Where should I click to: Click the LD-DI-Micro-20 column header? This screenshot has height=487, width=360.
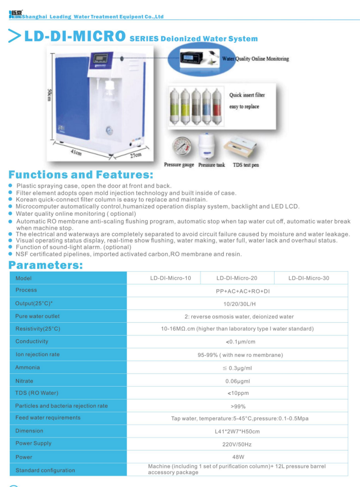click(x=237, y=278)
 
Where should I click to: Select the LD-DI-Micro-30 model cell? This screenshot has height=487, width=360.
click(x=309, y=278)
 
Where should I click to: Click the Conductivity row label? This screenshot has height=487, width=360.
click(x=32, y=341)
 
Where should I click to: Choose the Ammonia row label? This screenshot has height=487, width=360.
click(x=27, y=368)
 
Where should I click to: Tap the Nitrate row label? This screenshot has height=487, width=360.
click(x=24, y=381)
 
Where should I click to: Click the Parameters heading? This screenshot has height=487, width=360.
click(x=46, y=265)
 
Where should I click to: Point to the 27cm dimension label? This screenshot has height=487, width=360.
click(x=135, y=154)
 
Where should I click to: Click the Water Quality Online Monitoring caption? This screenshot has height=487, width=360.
click(x=255, y=59)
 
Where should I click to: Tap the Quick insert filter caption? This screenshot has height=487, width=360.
click(x=247, y=95)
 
